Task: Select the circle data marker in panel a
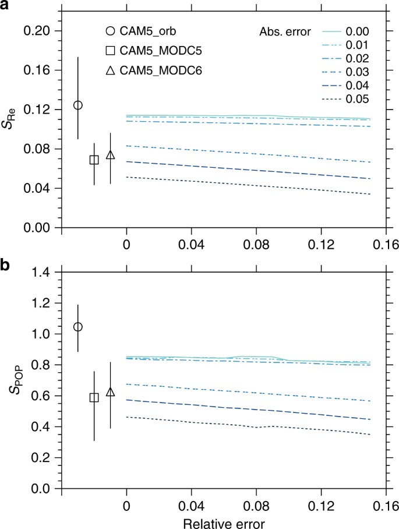pos(77,105)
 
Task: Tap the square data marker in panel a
pos(94,160)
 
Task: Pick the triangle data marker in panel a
pos(110,155)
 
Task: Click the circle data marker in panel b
pos(77,327)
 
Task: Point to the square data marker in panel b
pos(94,397)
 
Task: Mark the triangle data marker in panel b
pos(110,392)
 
